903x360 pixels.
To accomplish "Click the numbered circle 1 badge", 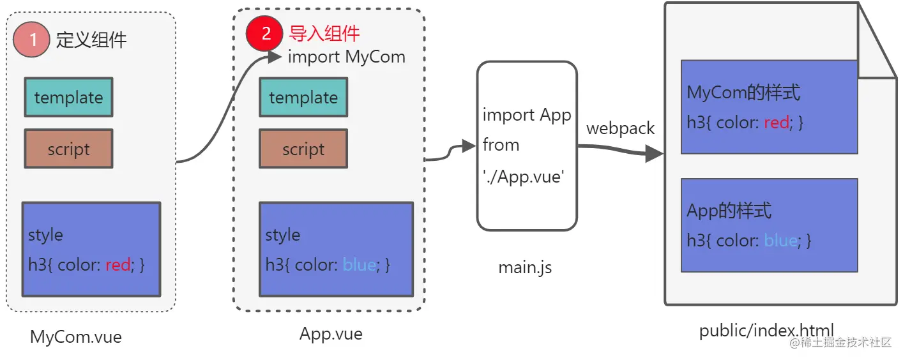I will click(x=31, y=40).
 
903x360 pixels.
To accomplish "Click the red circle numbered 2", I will click(x=265, y=33).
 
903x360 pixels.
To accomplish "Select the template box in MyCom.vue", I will click(x=68, y=97).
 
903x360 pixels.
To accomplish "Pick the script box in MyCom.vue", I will click(x=68, y=149).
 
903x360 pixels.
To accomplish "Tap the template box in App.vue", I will click(x=303, y=97).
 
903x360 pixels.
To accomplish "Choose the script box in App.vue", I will click(x=303, y=149).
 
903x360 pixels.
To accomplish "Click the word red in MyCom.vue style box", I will click(x=118, y=264).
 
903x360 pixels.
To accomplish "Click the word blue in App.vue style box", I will click(x=359, y=264).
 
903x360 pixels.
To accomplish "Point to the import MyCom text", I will click(x=347, y=57).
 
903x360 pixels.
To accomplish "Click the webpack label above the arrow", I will click(x=620, y=128).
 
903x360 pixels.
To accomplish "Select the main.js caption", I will click(x=525, y=267).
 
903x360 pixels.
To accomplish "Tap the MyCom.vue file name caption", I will click(x=75, y=336).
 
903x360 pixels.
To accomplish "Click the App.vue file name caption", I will click(x=331, y=334).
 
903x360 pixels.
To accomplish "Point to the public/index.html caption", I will click(x=766, y=331).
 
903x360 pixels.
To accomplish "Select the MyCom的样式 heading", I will click(x=743, y=93).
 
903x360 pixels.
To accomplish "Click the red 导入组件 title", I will click(x=324, y=33).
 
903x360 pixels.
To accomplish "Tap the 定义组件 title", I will click(x=91, y=40).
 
